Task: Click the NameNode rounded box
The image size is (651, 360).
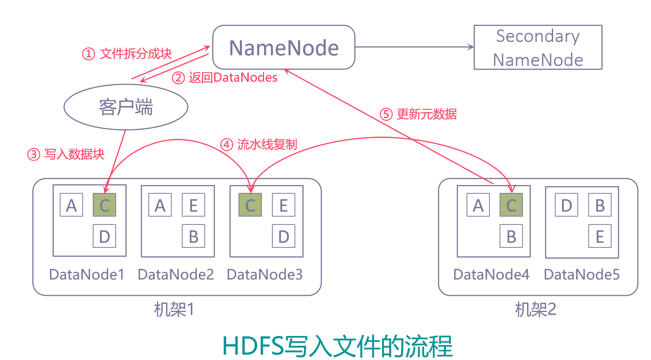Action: [x=284, y=48]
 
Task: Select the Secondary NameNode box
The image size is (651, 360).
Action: [x=538, y=48]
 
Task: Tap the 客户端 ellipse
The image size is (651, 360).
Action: [x=126, y=107]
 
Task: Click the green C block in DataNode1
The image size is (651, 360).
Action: [x=104, y=205]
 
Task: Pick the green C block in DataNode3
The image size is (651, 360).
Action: [x=250, y=205]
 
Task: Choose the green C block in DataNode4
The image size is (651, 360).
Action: [x=511, y=205]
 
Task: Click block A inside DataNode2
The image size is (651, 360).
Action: [x=160, y=205]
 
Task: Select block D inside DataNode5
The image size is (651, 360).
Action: [x=566, y=205]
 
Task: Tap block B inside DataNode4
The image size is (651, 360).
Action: [x=511, y=236]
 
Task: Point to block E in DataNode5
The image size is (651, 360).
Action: [x=600, y=236]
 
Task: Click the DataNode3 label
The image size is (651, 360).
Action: [x=264, y=274]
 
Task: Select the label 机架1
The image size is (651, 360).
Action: [x=174, y=310]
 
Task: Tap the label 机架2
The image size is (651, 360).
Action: [x=535, y=310]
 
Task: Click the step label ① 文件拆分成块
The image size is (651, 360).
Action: [x=127, y=54]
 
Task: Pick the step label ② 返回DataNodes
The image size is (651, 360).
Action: [x=225, y=78]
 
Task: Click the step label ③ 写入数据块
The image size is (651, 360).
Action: [x=66, y=154]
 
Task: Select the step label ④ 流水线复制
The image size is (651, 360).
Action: [x=258, y=145]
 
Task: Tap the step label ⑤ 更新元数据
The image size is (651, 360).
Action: [x=418, y=114]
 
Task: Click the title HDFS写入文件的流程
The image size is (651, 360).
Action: [x=337, y=346]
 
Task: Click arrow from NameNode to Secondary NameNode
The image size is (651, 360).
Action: [x=413, y=47]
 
